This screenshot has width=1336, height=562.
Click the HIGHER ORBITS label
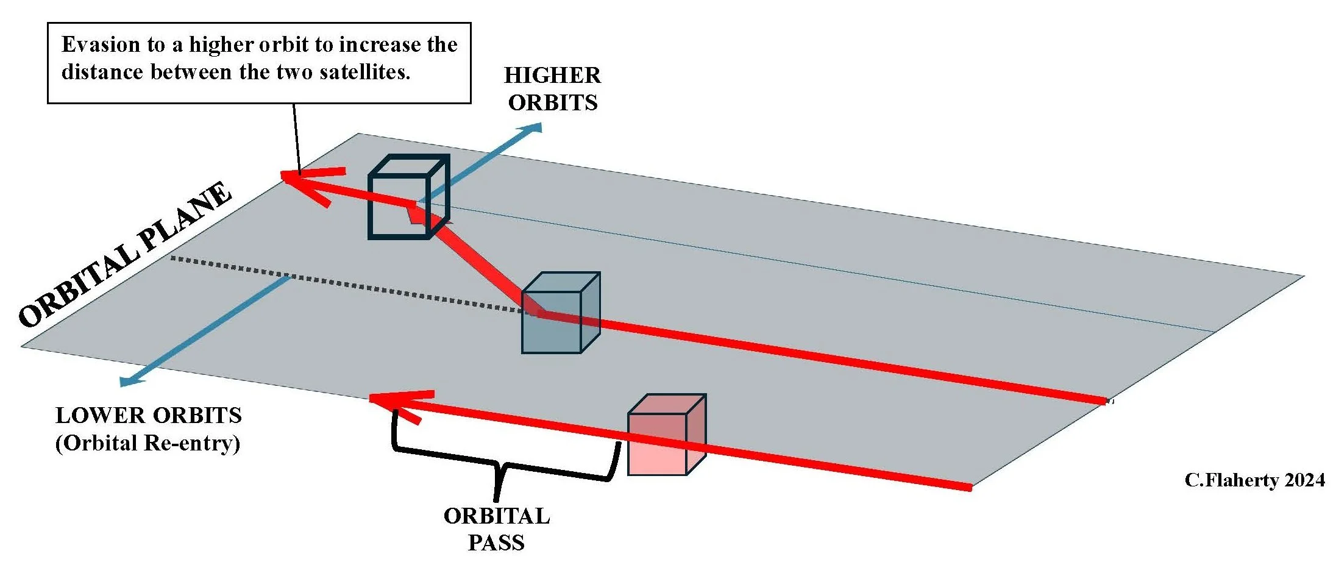[552, 89]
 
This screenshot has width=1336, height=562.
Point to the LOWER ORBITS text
[149, 416]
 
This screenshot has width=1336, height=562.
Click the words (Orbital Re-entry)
[148, 443]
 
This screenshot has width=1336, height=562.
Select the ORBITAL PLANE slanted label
[125, 254]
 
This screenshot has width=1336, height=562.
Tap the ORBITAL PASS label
[496, 528]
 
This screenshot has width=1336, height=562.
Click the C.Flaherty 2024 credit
[1254, 480]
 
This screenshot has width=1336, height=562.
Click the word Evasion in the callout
[101, 45]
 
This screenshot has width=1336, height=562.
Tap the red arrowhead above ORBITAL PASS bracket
[390, 402]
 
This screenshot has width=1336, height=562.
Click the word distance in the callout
[103, 73]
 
